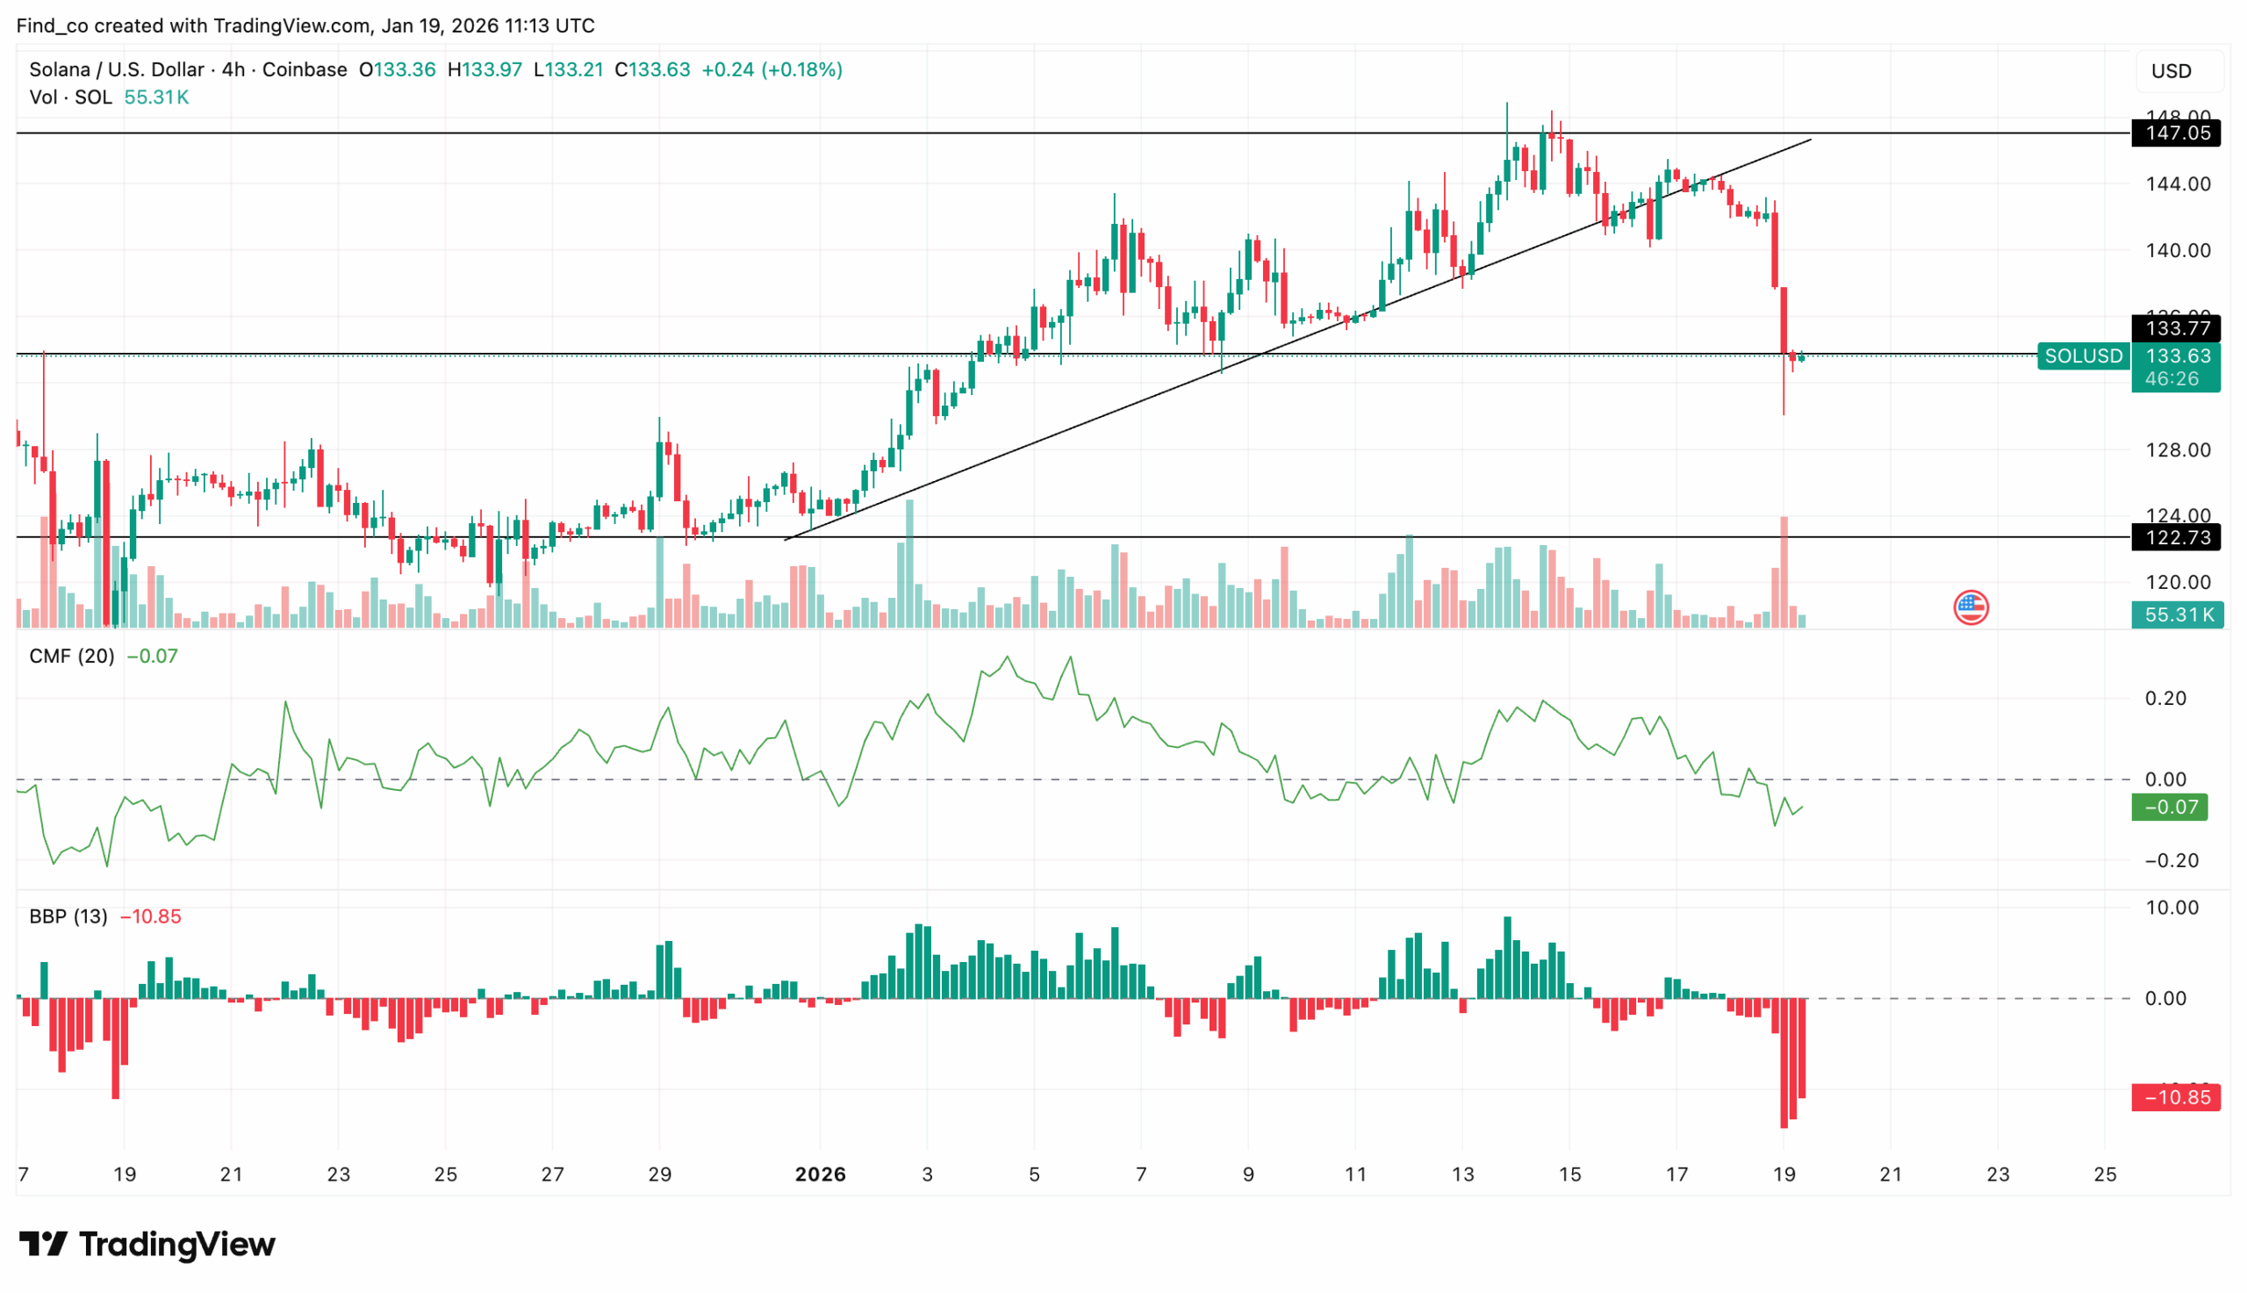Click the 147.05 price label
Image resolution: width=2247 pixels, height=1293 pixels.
(2176, 133)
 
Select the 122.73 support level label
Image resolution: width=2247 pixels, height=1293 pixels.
(2176, 537)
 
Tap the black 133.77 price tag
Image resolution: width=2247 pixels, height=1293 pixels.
(2176, 328)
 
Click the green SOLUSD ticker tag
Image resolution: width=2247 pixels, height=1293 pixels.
(2083, 356)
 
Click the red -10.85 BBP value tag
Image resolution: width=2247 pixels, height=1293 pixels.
(2176, 1097)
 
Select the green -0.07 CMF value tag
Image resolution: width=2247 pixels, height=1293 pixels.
(2170, 808)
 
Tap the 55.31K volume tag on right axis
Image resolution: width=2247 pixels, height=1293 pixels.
(2177, 614)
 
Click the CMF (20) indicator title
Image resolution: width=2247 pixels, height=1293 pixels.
(71, 657)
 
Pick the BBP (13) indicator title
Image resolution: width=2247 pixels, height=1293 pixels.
(68, 916)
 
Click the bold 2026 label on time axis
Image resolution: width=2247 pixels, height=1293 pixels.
(821, 1174)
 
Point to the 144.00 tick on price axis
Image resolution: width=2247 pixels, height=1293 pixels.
(2178, 184)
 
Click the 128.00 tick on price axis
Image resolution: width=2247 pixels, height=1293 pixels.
(2178, 450)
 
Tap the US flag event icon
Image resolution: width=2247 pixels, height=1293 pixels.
(1971, 608)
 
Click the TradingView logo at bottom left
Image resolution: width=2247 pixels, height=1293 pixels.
(147, 1244)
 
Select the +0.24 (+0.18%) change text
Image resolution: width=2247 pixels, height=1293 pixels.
(772, 69)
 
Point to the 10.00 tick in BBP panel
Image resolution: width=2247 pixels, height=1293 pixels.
(2172, 909)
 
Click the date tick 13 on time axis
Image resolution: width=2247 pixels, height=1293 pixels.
(1462, 1174)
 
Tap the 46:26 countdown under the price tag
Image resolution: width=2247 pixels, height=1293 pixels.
(2172, 379)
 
